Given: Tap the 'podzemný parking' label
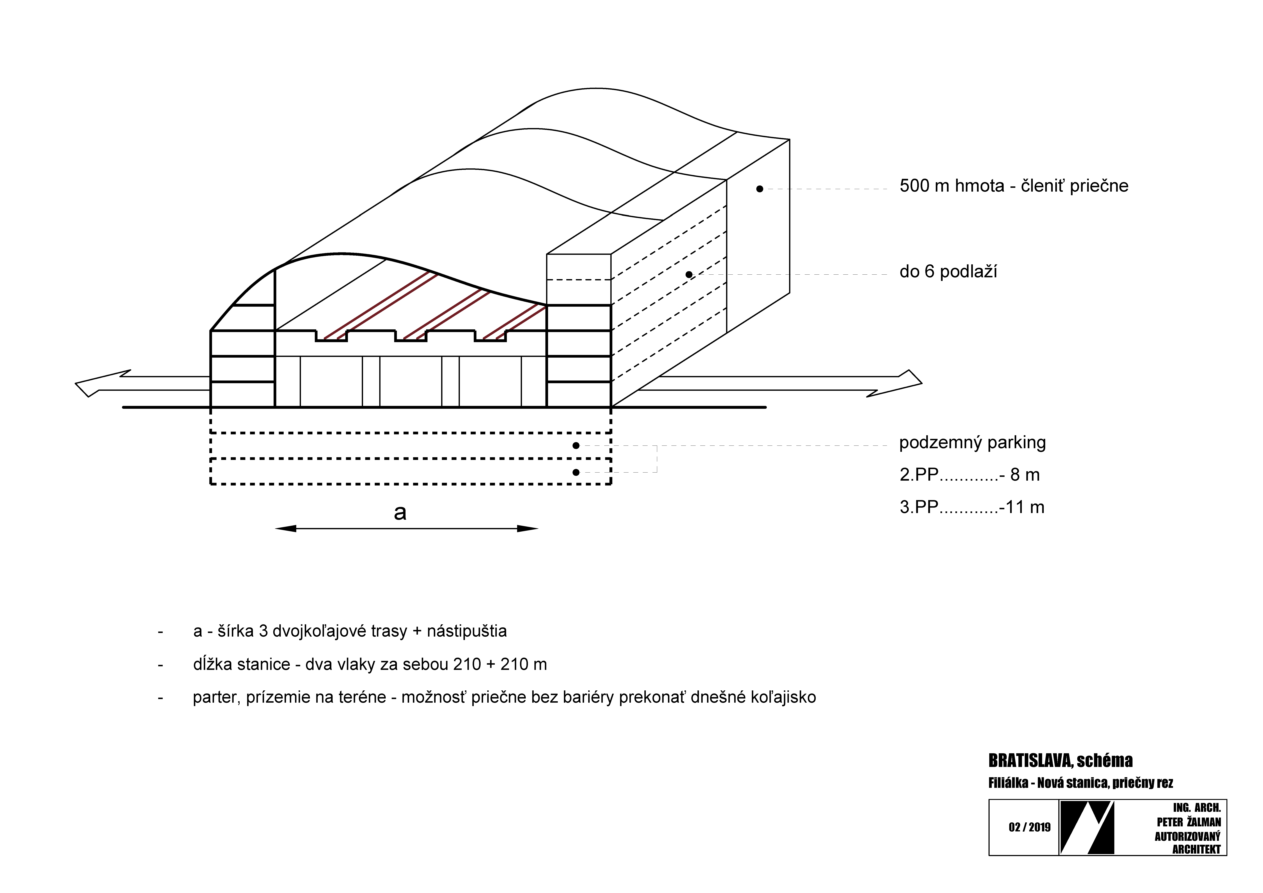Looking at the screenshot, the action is pyautogui.click(x=972, y=443).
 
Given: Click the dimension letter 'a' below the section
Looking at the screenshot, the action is pyautogui.click(x=400, y=513).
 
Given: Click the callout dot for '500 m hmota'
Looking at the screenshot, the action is pyautogui.click(x=760, y=189).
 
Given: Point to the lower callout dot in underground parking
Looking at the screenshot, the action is pyautogui.click(x=576, y=472).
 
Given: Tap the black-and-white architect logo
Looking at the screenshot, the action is pyautogui.click(x=1087, y=827).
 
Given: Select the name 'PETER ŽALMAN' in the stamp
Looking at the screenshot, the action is pyautogui.click(x=1189, y=822).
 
